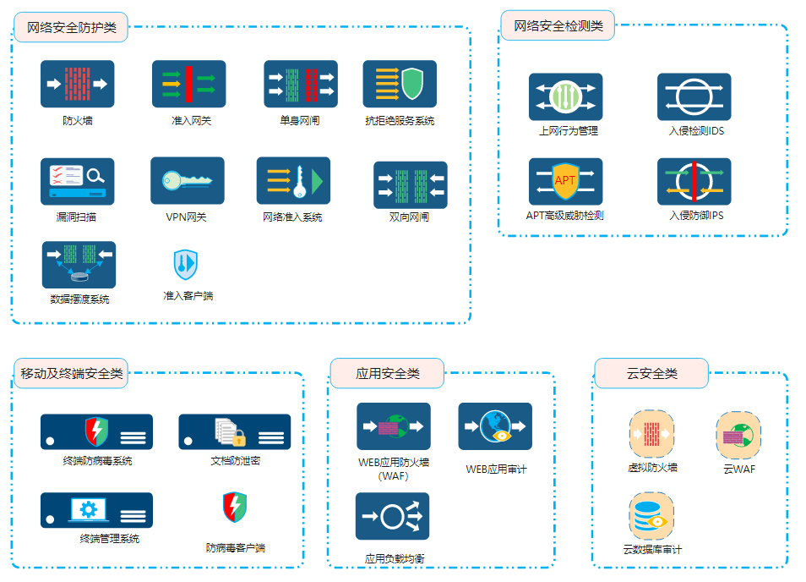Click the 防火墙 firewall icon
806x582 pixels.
pos(77,84)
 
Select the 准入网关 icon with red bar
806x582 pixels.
pos(188,84)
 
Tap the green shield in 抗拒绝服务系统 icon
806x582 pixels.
pos(412,83)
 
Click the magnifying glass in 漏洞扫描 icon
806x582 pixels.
pos(95,176)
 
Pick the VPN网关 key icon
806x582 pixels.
pos(187,180)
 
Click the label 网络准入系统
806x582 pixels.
pos(292,217)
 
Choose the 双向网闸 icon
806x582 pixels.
pos(410,184)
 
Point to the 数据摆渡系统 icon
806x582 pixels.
pos(79,265)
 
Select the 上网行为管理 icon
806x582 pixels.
pos(565,96)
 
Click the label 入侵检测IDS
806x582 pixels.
pos(696,131)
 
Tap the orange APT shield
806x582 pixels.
pos(565,180)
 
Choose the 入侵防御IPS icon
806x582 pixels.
pos(694,181)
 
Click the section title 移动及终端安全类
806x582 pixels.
pos(72,373)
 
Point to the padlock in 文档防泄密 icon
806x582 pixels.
pos(239,438)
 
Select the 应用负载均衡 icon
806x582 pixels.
pos(392,516)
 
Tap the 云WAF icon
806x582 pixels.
pos(738,434)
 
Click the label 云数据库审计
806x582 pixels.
pos(652,550)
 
